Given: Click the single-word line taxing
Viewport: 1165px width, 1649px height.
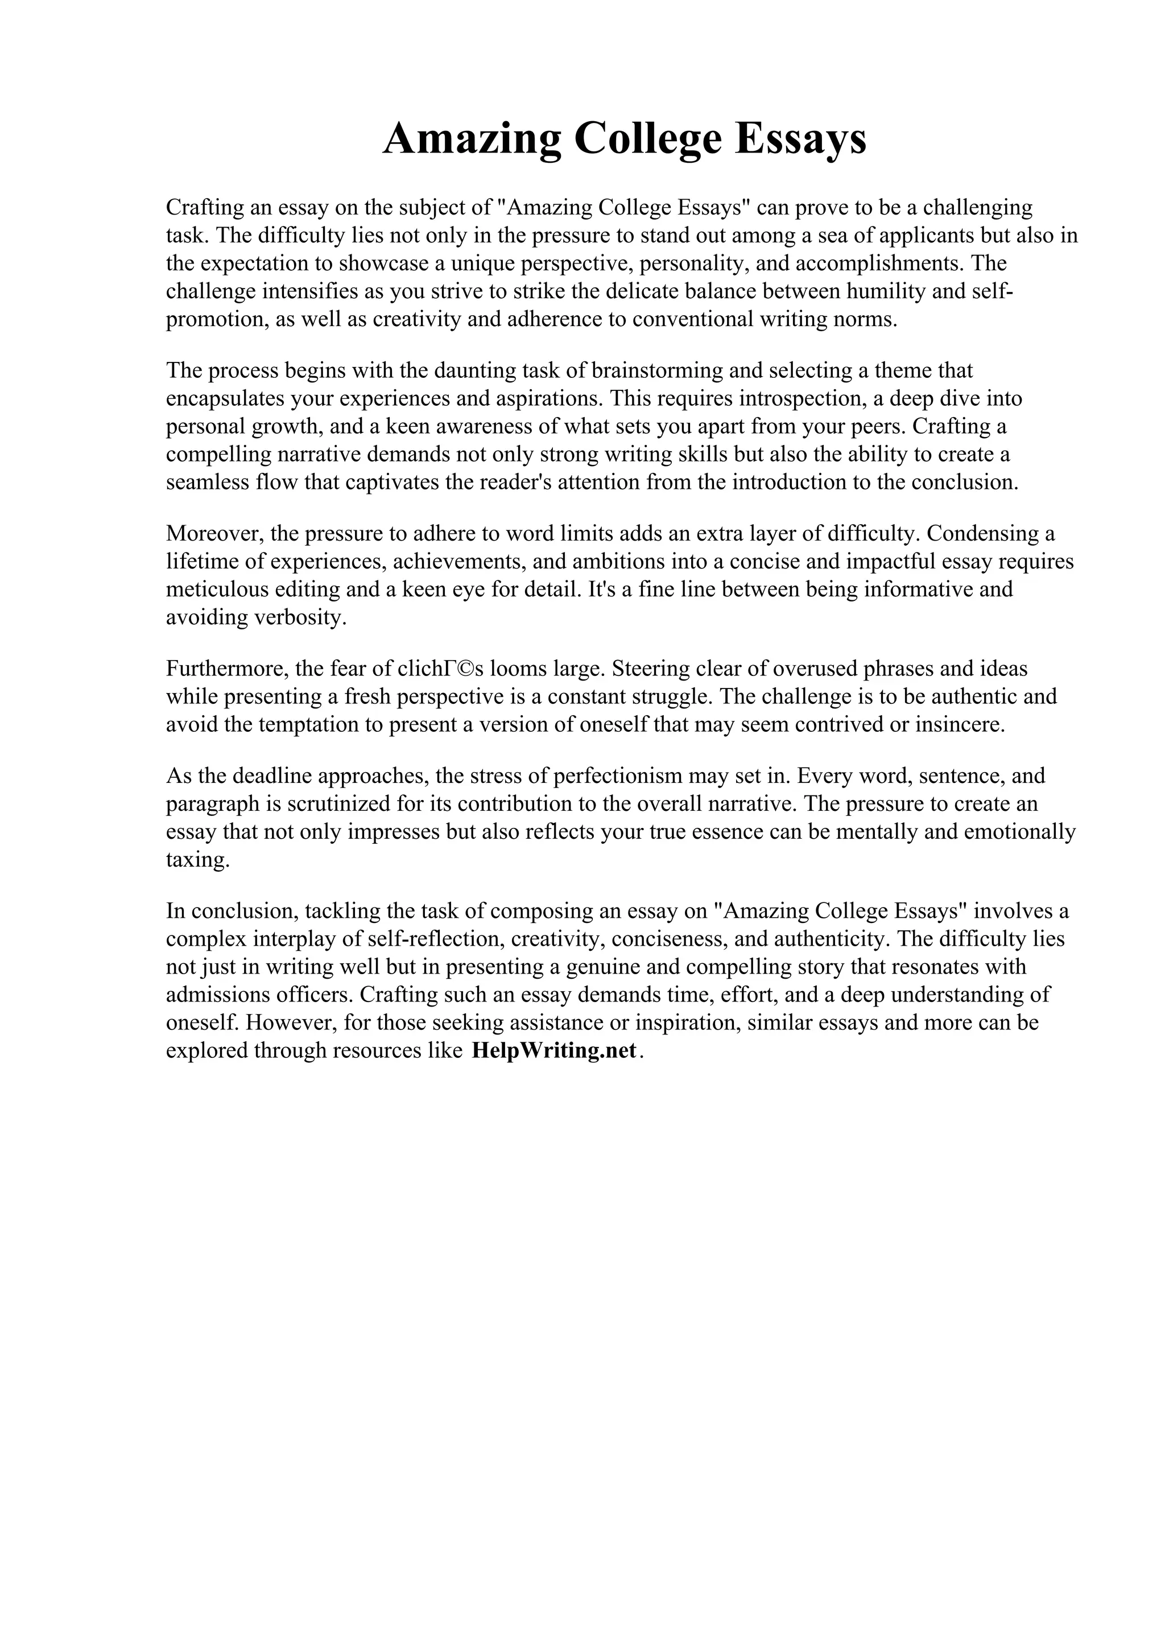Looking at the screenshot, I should (x=197, y=859).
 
